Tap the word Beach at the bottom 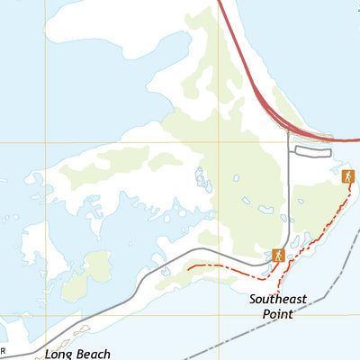[93, 354]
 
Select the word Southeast [278, 299]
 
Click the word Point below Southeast [278, 314]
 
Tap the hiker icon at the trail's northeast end [348, 176]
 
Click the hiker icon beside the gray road [278, 256]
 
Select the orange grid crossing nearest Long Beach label [40, 314]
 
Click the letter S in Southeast [254, 299]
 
